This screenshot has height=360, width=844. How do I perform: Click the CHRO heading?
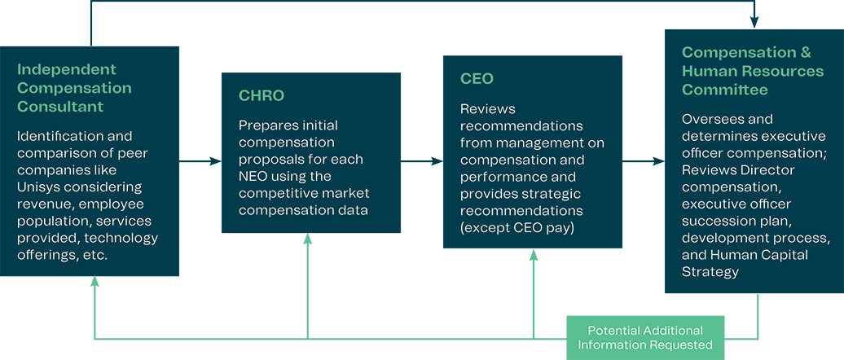(261, 95)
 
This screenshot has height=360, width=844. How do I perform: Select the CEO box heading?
(477, 79)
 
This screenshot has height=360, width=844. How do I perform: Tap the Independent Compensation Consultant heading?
(74, 88)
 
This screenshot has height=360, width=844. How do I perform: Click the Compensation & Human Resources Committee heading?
(753, 71)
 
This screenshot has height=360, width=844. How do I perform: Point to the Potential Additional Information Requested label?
(645, 337)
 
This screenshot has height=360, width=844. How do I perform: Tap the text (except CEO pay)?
(516, 227)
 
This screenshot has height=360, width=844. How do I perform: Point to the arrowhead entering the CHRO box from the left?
(216, 161)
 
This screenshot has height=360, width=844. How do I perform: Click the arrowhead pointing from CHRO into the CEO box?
(437, 161)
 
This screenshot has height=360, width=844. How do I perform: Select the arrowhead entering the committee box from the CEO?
(659, 161)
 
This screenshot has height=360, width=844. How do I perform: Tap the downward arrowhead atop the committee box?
(755, 24)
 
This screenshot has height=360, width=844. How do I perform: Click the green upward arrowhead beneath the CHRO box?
(308, 239)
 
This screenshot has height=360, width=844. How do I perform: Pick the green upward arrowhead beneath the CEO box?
(534, 255)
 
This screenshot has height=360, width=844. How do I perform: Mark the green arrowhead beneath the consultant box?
(95, 282)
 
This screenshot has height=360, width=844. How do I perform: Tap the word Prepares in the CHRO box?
(266, 125)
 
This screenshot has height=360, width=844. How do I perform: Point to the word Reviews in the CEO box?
(487, 108)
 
